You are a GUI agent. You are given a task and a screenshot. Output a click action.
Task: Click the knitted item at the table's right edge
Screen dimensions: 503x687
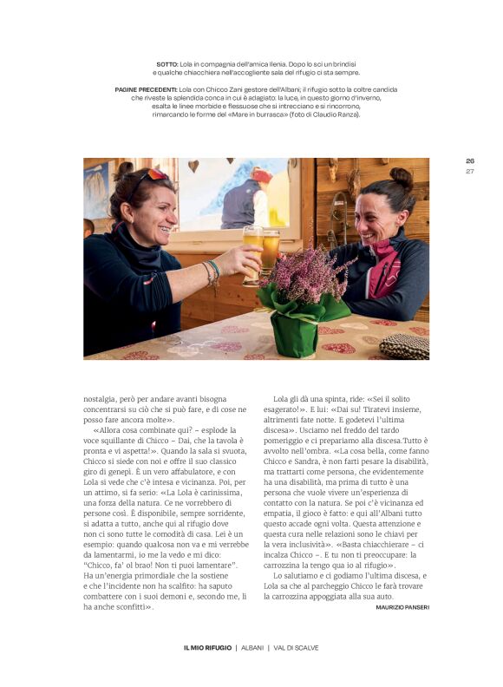pos(404,346)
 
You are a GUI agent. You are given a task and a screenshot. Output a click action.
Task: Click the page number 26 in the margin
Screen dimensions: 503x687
pos(470,160)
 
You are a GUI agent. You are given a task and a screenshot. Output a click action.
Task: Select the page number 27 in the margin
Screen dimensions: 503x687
pos(470,171)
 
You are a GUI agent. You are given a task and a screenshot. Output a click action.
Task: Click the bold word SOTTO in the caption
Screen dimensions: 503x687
pos(167,64)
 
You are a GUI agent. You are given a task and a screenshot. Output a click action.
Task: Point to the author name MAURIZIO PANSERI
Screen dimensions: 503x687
pos(402,607)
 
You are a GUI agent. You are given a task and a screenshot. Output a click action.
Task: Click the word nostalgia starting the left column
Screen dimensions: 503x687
pos(101,398)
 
